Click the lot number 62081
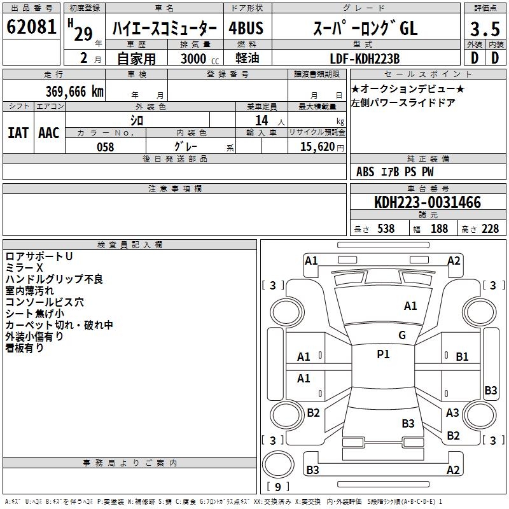click(32, 27)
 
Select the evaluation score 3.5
click(484, 29)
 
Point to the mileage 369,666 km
click(74, 92)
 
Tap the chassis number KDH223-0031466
click(428, 202)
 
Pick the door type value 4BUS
click(246, 29)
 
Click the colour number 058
click(105, 146)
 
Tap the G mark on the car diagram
click(402, 335)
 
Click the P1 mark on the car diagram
click(383, 354)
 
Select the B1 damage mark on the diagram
click(462, 357)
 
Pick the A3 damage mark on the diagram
click(452, 413)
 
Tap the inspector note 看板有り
click(25, 348)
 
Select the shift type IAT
click(17, 132)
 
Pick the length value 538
click(386, 229)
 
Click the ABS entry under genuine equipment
click(365, 172)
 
